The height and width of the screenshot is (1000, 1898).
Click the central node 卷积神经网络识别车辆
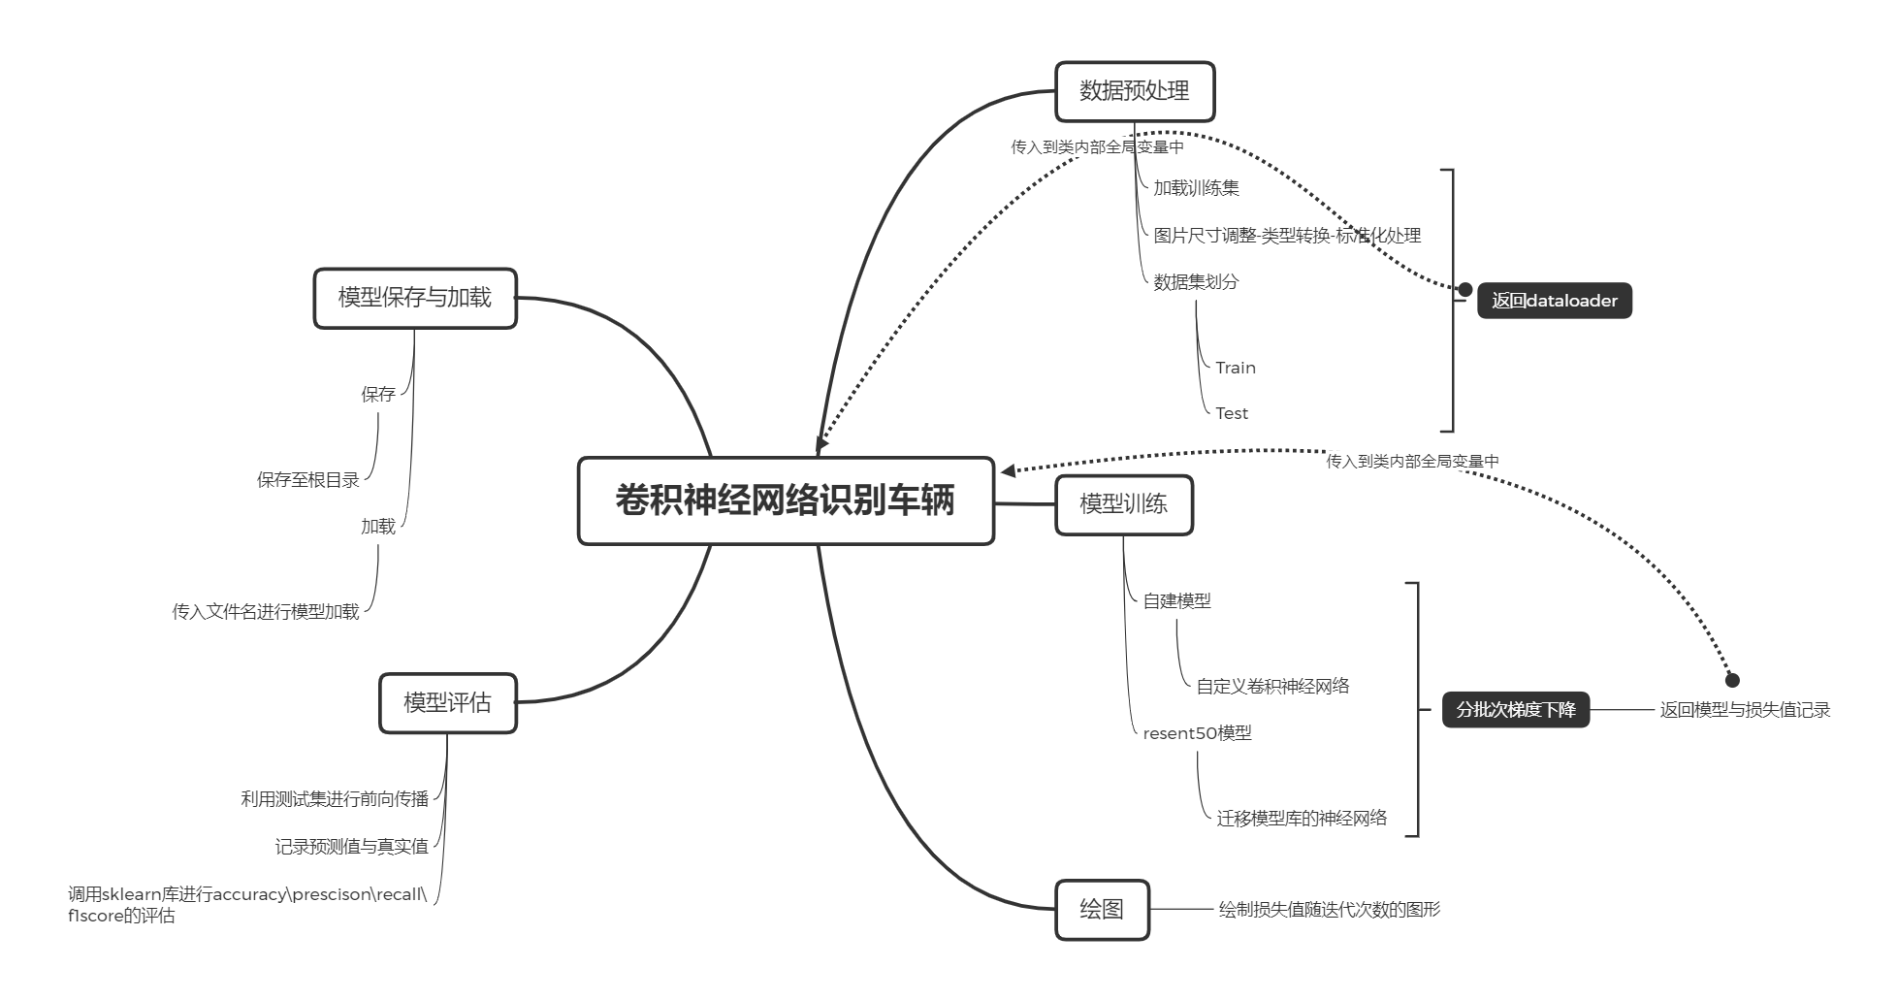click(x=786, y=500)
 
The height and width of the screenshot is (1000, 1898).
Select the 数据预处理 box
click(x=1134, y=92)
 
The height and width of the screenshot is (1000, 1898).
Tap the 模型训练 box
click(x=1123, y=504)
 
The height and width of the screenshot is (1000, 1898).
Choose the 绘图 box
click(x=1102, y=910)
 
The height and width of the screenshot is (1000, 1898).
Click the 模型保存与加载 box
click(x=415, y=298)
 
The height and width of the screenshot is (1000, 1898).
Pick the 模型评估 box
click(x=447, y=702)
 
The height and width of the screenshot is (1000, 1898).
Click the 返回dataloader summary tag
click(x=1554, y=301)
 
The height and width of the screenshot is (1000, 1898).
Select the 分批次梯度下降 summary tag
click(x=1515, y=709)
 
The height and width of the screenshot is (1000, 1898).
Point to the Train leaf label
click(x=1235, y=368)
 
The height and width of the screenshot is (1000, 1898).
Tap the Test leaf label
click(x=1232, y=413)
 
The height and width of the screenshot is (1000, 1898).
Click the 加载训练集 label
click(x=1196, y=188)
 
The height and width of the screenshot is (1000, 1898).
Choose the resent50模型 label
click(x=1197, y=733)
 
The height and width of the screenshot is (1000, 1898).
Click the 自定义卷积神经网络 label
click(x=1272, y=687)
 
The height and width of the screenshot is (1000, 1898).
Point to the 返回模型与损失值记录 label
click(x=1744, y=710)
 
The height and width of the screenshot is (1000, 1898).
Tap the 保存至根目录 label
click(x=307, y=480)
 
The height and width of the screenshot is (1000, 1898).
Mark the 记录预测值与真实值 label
click(x=351, y=847)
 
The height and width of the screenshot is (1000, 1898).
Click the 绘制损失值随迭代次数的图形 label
click(x=1329, y=910)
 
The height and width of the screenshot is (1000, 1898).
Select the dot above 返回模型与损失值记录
click(x=1731, y=680)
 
